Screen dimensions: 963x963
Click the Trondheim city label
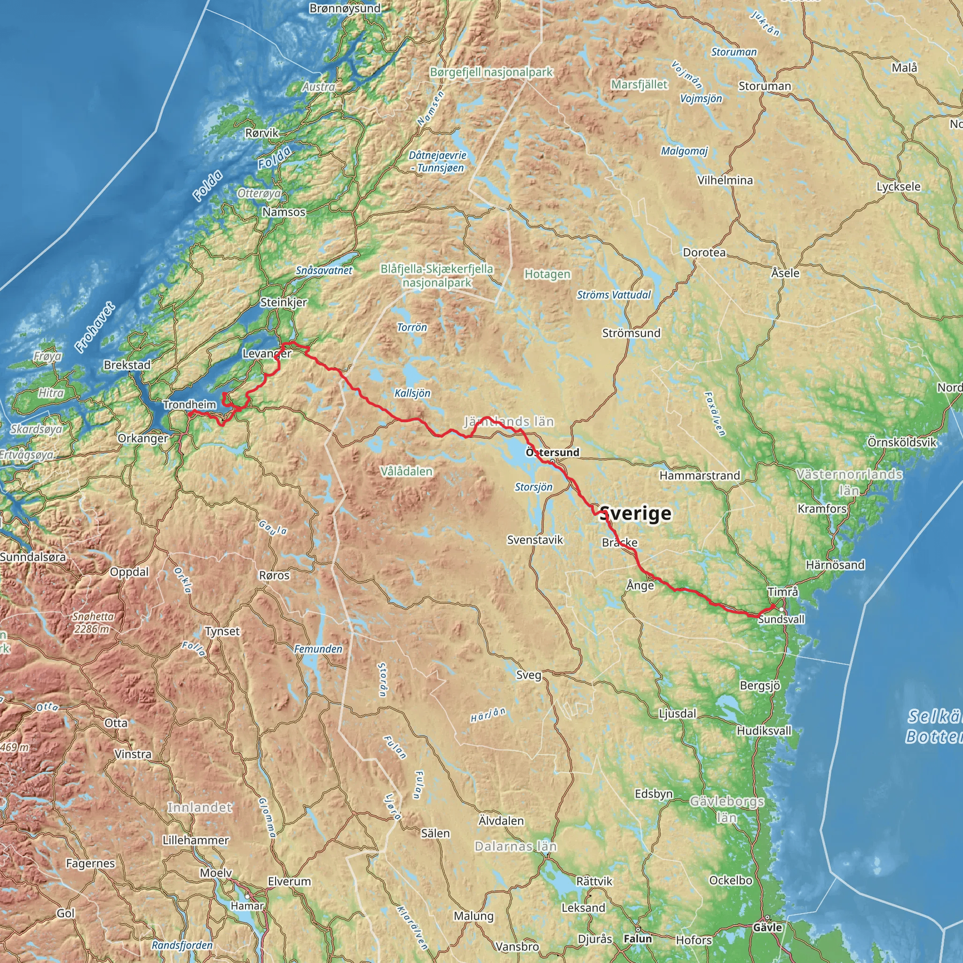point(189,405)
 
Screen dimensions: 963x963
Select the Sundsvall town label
point(781,619)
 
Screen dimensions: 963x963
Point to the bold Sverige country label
point(636,513)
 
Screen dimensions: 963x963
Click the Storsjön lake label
point(533,487)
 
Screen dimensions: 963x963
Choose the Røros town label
point(274,575)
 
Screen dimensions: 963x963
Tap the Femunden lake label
point(318,649)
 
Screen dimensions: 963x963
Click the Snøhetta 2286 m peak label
point(93,623)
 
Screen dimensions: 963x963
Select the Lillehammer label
point(196,840)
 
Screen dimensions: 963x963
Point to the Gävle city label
point(767,928)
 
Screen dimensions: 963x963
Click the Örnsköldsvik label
point(902,442)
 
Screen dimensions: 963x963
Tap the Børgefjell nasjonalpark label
point(491,72)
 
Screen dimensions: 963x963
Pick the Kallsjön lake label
point(412,393)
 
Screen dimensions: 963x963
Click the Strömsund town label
point(631,333)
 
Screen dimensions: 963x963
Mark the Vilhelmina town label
point(725,180)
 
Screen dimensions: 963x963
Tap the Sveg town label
point(529,675)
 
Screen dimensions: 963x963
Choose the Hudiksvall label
point(764,731)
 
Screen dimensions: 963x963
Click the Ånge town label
point(640,585)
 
